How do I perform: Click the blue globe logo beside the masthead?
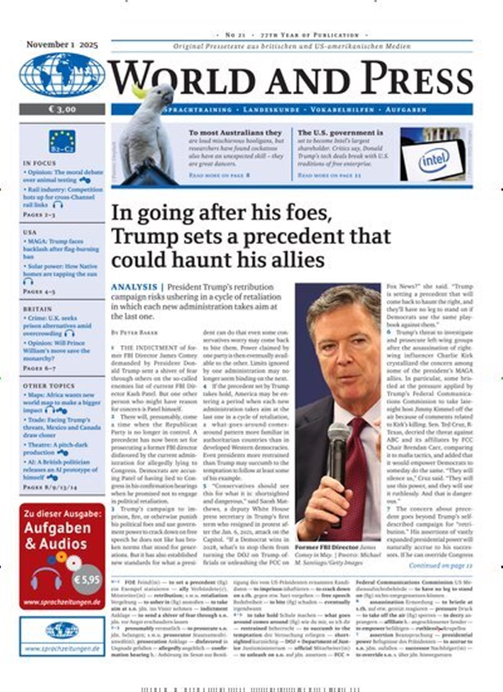coord(62,75)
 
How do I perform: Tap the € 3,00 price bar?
coord(62,109)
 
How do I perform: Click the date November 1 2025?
coord(62,45)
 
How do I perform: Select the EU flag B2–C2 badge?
coord(62,141)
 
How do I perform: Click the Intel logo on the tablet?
coord(434,160)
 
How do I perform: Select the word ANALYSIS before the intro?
coord(134,287)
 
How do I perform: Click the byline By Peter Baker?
coord(134,332)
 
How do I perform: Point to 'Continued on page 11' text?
coord(440,565)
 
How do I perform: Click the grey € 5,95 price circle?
coord(88,579)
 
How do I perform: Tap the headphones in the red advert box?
coord(46,579)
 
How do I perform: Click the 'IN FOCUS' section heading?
coord(39,163)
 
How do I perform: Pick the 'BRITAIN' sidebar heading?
coord(37,309)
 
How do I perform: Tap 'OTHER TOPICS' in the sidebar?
coord(49,386)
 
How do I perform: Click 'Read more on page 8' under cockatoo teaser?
coord(219,175)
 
